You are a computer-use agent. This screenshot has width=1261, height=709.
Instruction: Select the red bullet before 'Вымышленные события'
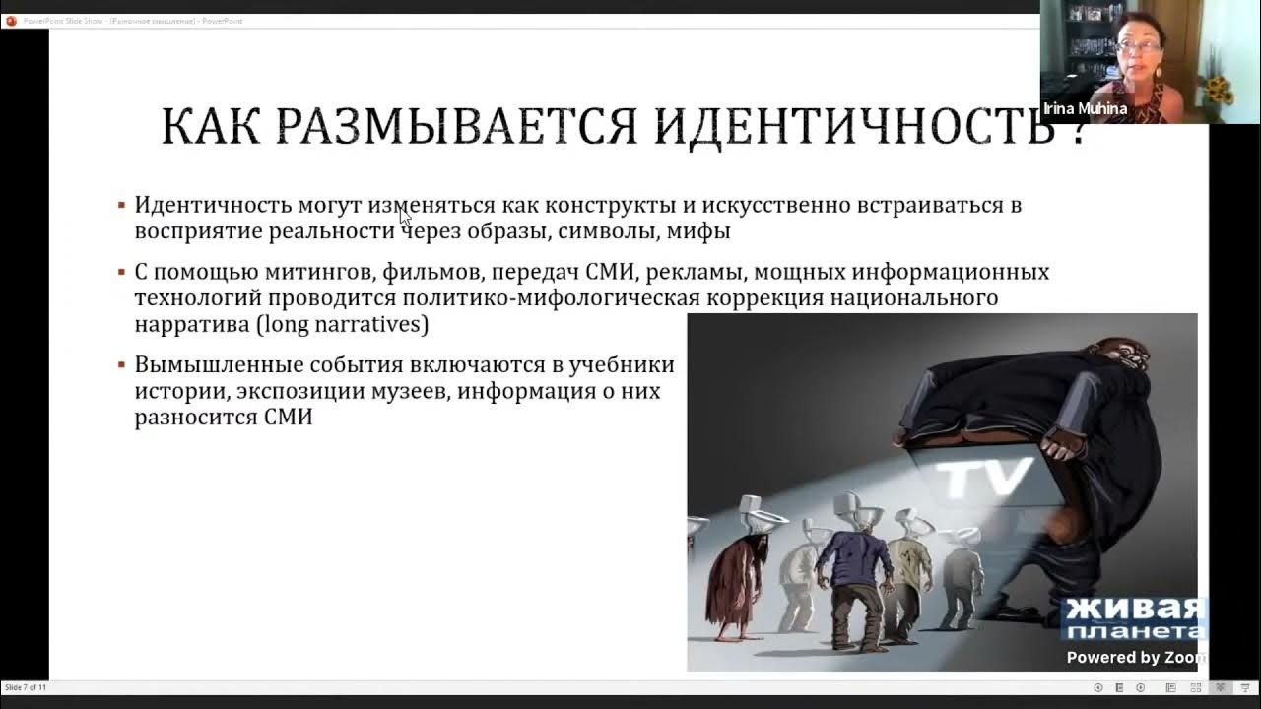(x=121, y=364)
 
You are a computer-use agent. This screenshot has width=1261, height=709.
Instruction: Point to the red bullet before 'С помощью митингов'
(x=121, y=271)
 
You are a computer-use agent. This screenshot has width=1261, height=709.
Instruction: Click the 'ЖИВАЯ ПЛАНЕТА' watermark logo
(x=1133, y=617)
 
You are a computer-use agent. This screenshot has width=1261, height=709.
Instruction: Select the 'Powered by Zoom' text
(x=1133, y=657)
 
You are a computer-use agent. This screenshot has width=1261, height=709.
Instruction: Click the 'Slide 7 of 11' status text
(x=27, y=687)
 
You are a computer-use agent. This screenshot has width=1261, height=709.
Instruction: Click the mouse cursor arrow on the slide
(x=405, y=217)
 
